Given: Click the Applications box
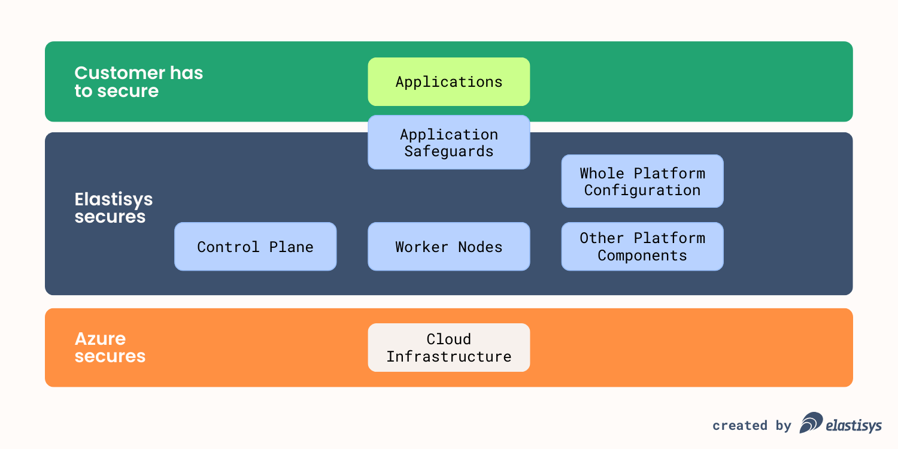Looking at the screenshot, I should click(x=449, y=82).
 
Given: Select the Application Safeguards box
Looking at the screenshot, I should click(x=449, y=142).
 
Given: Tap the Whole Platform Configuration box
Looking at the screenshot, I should click(x=642, y=181).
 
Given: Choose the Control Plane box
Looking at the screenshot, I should click(x=256, y=247).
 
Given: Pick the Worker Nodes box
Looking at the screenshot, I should click(x=449, y=247).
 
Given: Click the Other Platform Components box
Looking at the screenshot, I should click(x=642, y=247).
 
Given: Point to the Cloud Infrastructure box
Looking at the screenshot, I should click(x=449, y=348).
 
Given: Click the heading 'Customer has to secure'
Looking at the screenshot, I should click(x=138, y=82).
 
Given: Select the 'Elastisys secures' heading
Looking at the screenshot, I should click(x=113, y=208).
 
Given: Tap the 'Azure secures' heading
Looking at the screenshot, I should click(x=110, y=348).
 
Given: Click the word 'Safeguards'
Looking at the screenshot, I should click(x=449, y=151).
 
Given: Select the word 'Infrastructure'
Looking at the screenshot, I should click(x=449, y=357).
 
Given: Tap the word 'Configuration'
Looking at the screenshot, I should click(x=642, y=190).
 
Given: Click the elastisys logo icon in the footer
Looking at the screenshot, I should click(x=811, y=423).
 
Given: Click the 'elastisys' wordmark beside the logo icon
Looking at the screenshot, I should click(x=854, y=426).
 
